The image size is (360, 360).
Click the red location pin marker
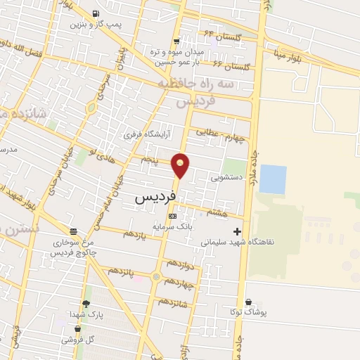click(x=181, y=166)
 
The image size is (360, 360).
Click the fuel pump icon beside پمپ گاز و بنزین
click(x=95, y=14)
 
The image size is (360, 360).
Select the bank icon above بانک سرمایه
click(x=173, y=216)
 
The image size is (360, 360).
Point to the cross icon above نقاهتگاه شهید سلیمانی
click(x=237, y=231)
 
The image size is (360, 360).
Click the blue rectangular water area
click(x=273, y=179)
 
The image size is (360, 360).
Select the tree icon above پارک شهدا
click(x=86, y=304)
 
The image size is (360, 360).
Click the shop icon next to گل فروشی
click(x=77, y=328)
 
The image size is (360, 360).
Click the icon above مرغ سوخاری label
click(x=73, y=231)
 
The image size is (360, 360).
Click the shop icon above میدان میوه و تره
click(x=176, y=41)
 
